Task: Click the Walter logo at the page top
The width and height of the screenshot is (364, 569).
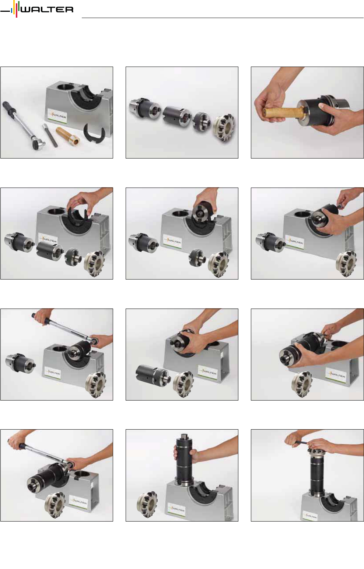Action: pyautogui.click(x=37, y=9)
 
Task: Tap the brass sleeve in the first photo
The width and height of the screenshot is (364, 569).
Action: pyautogui.click(x=68, y=135)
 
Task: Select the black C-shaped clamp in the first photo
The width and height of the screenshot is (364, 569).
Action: pyautogui.click(x=94, y=133)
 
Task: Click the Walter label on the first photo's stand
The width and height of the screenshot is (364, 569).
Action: pyautogui.click(x=57, y=116)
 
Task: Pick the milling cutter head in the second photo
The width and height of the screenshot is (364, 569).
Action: pyautogui.click(x=224, y=128)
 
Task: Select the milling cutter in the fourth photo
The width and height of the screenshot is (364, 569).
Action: pyautogui.click(x=94, y=263)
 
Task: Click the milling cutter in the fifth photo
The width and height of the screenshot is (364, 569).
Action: pyautogui.click(x=218, y=264)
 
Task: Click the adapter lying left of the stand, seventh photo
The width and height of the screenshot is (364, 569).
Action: pyautogui.click(x=21, y=364)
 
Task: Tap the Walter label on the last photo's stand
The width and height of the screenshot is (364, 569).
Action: pyautogui.click(x=310, y=516)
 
